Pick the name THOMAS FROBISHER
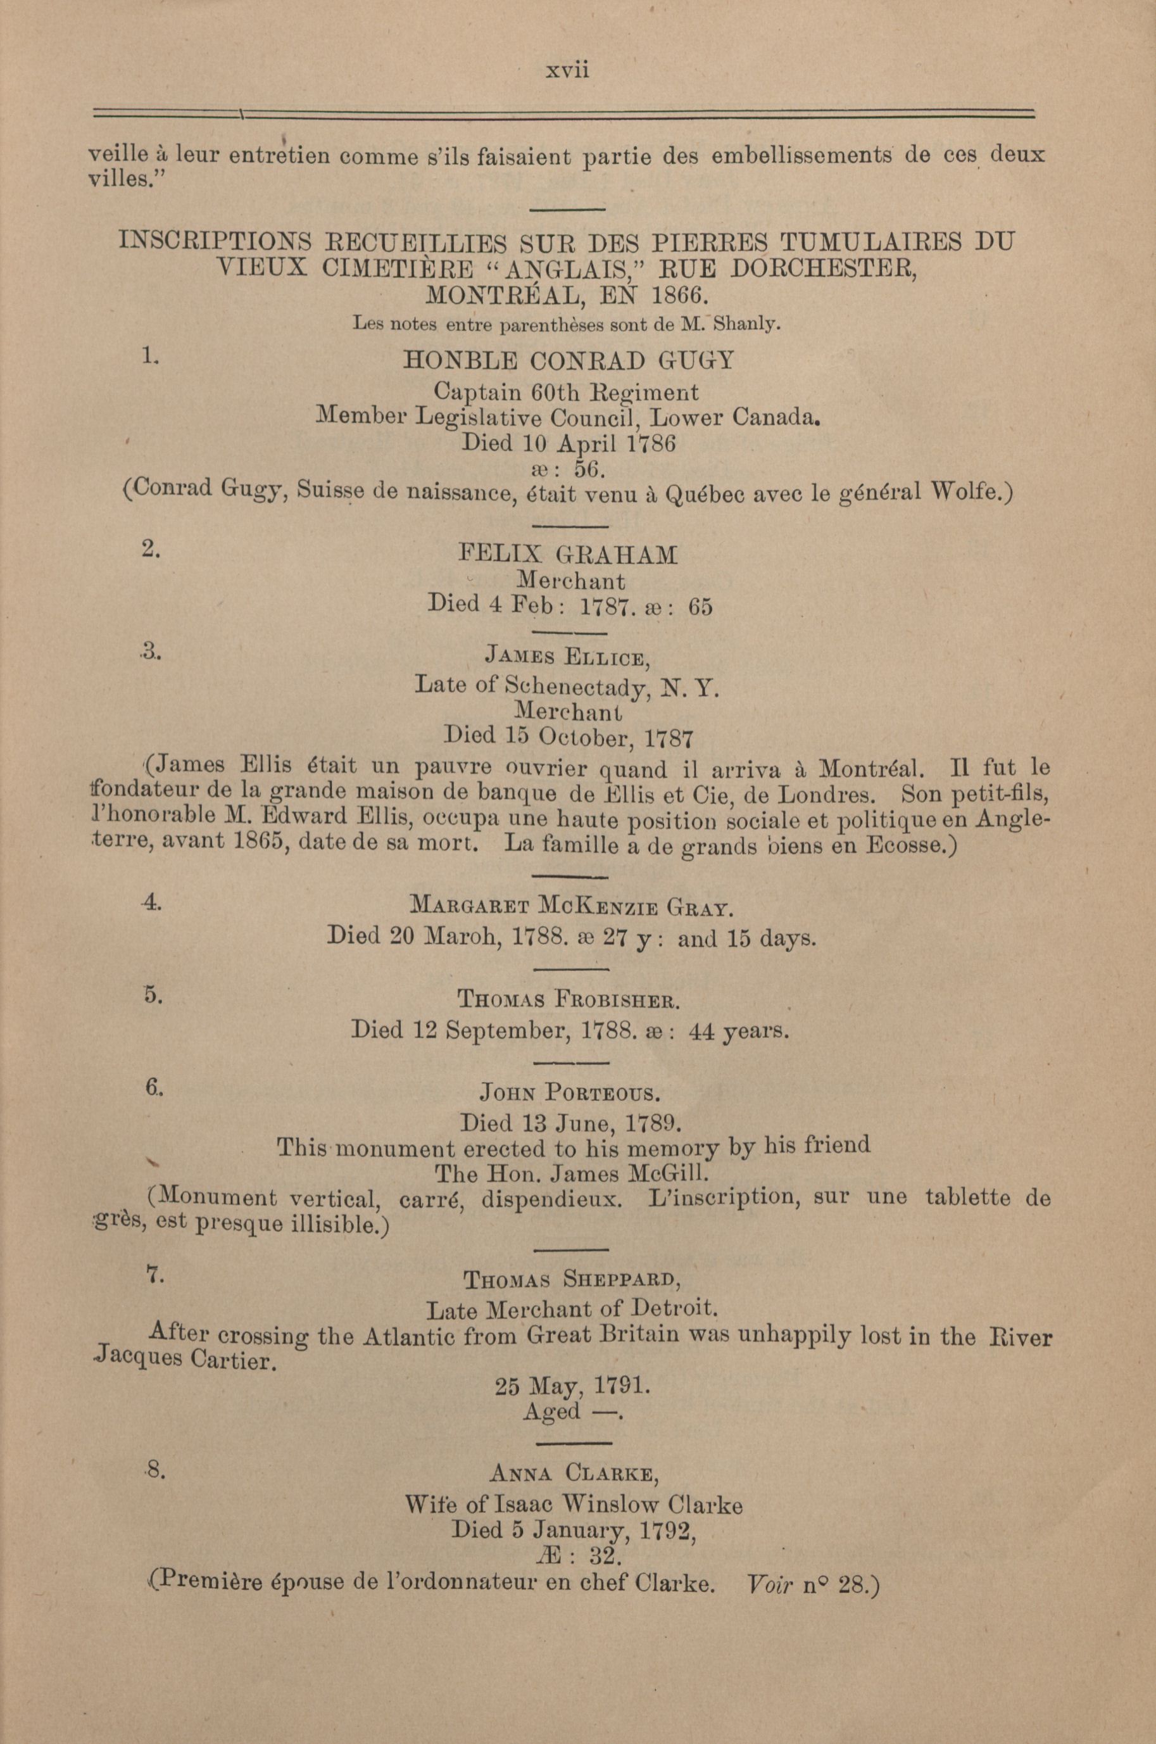(x=568, y=1001)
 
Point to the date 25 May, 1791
(x=572, y=1387)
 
